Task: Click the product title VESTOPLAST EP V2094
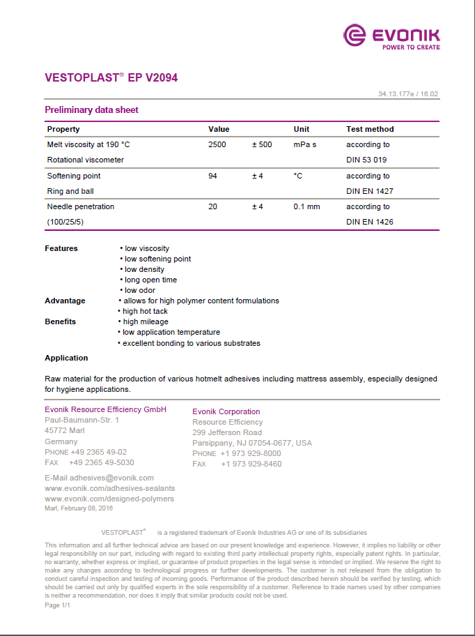click(111, 78)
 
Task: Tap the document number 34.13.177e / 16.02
click(408, 93)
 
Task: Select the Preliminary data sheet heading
click(91, 110)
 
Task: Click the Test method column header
click(370, 129)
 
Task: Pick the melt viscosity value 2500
click(217, 144)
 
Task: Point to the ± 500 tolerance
click(262, 144)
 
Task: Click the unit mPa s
click(305, 144)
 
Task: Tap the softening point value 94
click(212, 176)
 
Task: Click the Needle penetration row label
click(81, 206)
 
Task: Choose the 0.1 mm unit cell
click(306, 206)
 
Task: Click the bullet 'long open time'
click(150, 280)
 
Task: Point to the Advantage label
click(65, 301)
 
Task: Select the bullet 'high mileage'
click(146, 321)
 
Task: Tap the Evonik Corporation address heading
click(226, 411)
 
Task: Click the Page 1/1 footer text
click(57, 605)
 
